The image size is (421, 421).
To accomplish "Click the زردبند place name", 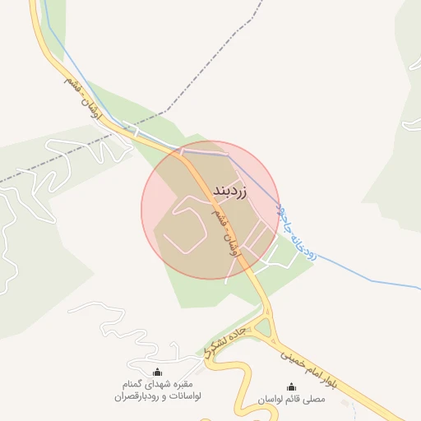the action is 229,190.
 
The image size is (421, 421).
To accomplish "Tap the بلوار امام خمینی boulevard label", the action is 309,368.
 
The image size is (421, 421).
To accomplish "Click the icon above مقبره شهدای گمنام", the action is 159,372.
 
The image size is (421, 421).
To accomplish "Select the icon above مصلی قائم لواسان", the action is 291,386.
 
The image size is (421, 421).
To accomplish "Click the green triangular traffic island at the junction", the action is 263,328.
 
